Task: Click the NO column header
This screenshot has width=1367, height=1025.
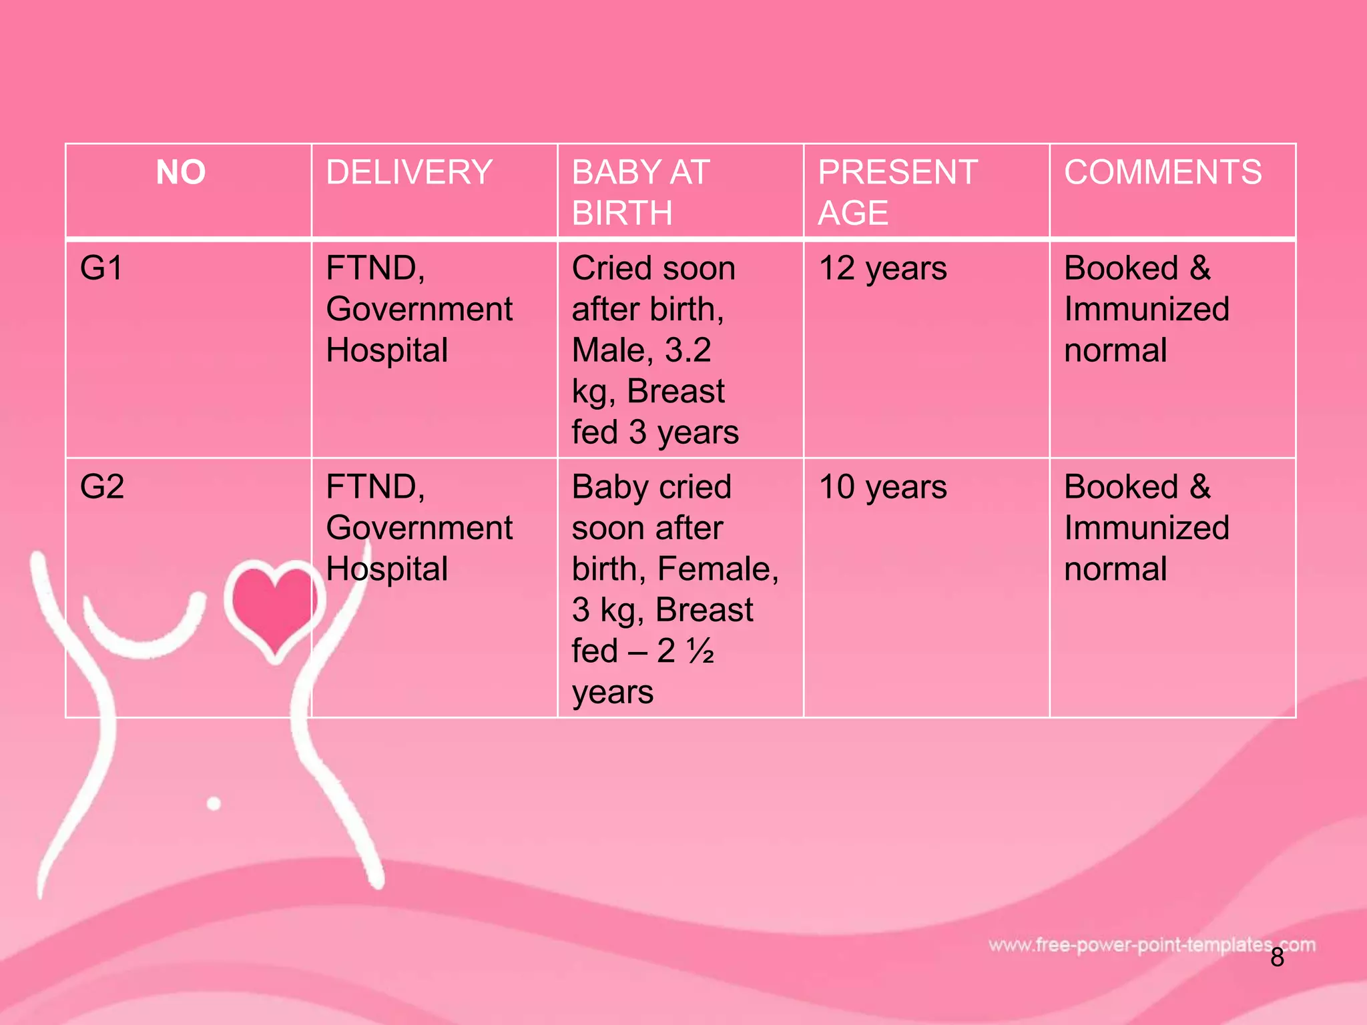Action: [x=181, y=172]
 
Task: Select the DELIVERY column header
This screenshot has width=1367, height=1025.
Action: [x=408, y=172]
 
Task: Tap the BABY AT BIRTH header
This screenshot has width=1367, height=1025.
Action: [x=640, y=192]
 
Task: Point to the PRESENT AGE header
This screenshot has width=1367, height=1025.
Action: [x=897, y=192]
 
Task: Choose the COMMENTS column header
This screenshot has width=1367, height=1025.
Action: [x=1163, y=172]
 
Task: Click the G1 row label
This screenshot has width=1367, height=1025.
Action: [x=101, y=268]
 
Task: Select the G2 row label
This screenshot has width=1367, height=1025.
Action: [x=102, y=486]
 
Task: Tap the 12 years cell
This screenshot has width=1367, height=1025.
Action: [x=882, y=268]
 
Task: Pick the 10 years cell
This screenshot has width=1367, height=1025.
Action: [x=882, y=486]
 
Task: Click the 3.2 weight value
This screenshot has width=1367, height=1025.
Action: [x=688, y=350]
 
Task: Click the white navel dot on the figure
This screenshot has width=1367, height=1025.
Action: [x=214, y=803]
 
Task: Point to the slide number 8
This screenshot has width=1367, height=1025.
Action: [x=1277, y=958]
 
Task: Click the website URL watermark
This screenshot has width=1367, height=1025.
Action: [x=1151, y=945]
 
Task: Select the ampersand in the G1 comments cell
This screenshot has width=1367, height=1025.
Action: [x=1199, y=268]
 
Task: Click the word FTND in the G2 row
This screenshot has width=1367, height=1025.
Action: [x=374, y=486]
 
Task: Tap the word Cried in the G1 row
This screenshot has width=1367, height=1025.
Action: [x=611, y=268]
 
